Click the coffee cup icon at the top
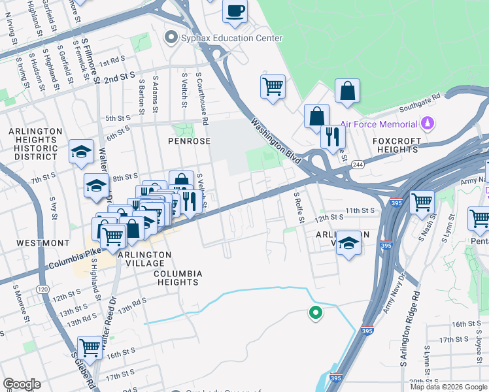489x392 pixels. click(235, 11)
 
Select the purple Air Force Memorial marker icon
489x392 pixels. click(428, 122)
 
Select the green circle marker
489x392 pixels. click(316, 314)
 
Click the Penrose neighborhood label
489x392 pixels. click(190, 140)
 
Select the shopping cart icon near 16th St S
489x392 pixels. click(90, 346)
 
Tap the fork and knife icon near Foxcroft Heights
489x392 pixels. click(333, 136)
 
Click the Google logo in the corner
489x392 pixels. click(22, 384)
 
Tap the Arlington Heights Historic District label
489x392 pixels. click(35, 144)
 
